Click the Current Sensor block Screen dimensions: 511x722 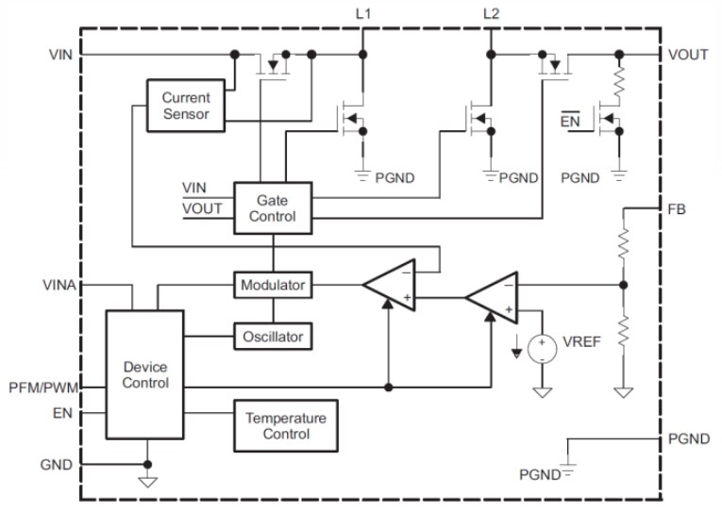[186, 107]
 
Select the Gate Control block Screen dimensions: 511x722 [273, 207]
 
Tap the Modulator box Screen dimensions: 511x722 [273, 284]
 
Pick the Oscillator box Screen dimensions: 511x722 [273, 334]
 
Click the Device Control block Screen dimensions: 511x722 [145, 374]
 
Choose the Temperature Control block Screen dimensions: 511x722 [285, 426]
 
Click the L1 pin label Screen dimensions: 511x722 [361, 13]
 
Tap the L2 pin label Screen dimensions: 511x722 [490, 13]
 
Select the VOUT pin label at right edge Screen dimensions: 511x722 [688, 55]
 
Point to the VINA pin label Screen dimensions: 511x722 [59, 283]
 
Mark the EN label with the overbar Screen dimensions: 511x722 [570, 120]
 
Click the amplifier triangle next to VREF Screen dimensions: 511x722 [492, 298]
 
